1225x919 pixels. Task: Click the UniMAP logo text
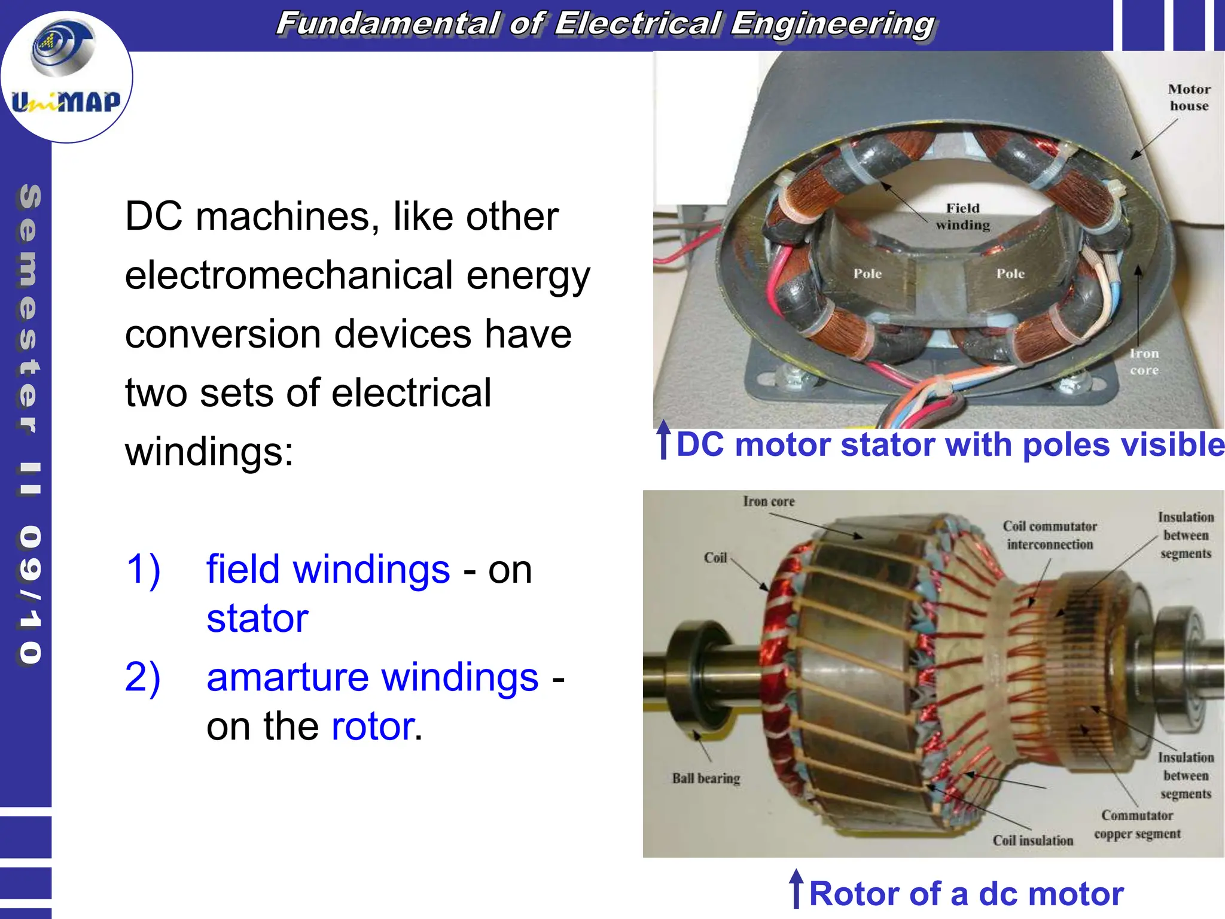tap(66, 102)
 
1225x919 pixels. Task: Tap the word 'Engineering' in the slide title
tap(832, 24)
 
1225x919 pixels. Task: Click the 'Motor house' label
tap(1189, 98)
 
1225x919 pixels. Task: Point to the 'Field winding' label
tap(962, 217)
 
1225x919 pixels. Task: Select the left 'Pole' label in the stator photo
tap(867, 274)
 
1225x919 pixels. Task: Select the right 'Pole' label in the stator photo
tap(1010, 274)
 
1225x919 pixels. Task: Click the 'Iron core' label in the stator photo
tap(1144, 362)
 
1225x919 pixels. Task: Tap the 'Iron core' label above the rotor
tap(769, 501)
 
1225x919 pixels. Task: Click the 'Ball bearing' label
tap(706, 778)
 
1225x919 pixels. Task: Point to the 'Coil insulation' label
tap(1032, 841)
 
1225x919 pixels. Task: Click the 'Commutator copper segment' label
tap(1137, 824)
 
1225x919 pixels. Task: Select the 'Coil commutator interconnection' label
tap(1050, 535)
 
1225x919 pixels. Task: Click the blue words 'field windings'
tap(328, 569)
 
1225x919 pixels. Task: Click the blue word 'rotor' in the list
tap(373, 727)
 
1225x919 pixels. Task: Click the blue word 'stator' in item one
tap(257, 619)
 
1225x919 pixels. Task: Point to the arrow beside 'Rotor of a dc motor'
tap(796, 888)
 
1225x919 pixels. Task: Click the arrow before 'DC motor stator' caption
tap(663, 440)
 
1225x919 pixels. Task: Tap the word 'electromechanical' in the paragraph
tap(288, 275)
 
